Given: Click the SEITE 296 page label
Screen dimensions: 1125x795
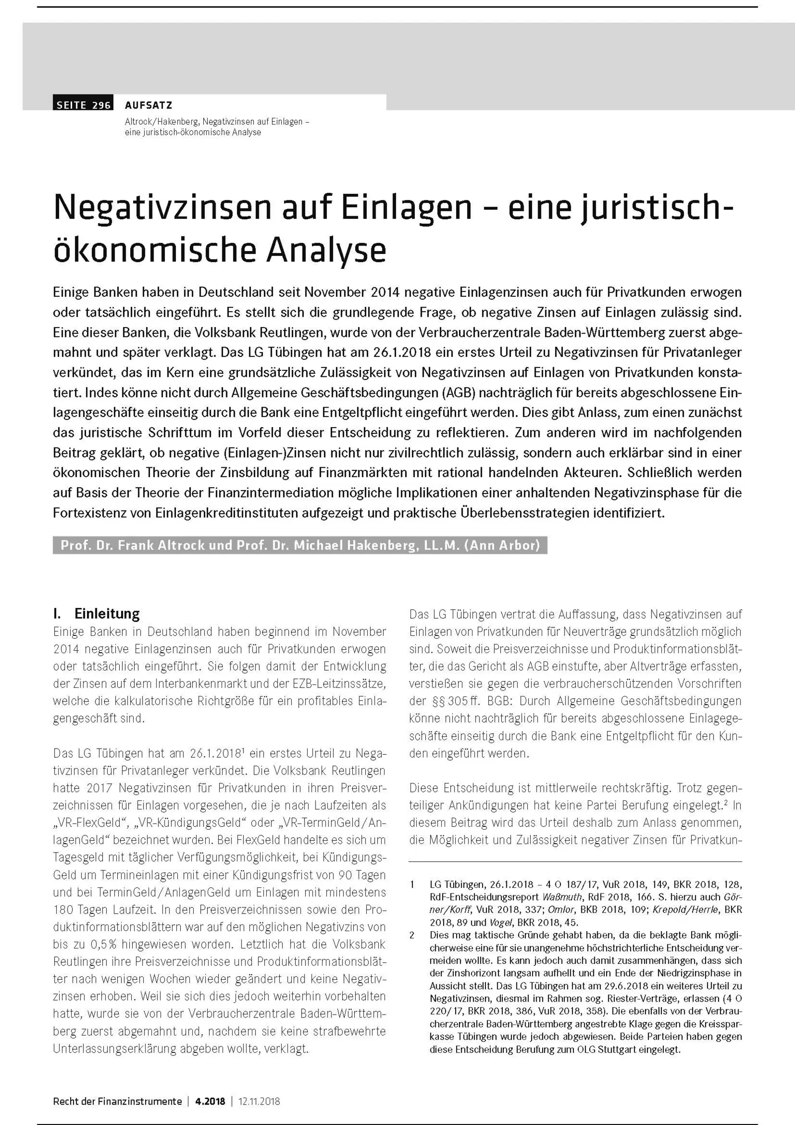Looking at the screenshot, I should [x=83, y=105].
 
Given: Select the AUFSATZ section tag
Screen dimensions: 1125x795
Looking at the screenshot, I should [x=149, y=105].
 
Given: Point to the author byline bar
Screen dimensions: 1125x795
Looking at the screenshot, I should [x=300, y=545].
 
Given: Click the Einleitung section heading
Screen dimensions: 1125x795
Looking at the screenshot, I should [x=107, y=613].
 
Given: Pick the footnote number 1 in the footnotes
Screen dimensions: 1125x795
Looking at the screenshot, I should [x=412, y=884].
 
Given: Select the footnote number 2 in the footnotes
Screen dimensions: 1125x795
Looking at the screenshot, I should [x=412, y=935].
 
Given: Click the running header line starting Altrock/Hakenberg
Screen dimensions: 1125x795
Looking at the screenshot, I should [x=217, y=122].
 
